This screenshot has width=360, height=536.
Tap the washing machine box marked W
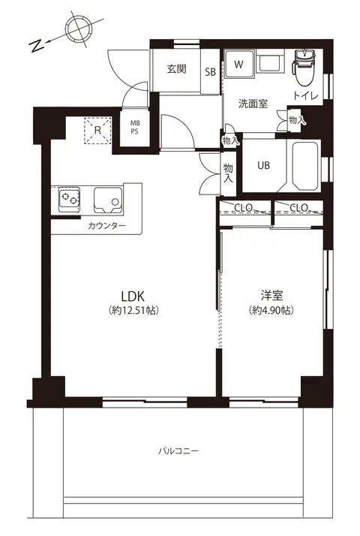click(x=238, y=65)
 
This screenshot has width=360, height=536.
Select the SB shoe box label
click(x=211, y=72)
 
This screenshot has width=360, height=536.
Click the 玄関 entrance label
click(x=176, y=69)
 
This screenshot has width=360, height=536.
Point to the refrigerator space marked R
click(x=97, y=130)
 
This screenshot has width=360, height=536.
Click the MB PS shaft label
click(x=134, y=128)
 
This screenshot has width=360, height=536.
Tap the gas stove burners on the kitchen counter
click(x=69, y=199)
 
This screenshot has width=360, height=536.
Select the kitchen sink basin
click(x=107, y=200)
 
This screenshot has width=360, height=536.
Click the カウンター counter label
click(x=107, y=226)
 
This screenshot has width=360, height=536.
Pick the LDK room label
click(x=133, y=295)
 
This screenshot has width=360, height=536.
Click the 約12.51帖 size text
click(x=133, y=310)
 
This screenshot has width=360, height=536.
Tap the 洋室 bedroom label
click(x=272, y=295)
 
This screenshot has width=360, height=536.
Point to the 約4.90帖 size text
click(x=272, y=310)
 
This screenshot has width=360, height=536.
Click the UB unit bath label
click(x=263, y=166)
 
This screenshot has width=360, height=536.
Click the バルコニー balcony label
click(x=178, y=451)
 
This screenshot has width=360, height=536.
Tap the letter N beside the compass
click(x=36, y=46)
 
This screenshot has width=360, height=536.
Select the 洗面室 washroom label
click(x=253, y=104)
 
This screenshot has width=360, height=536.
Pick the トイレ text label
click(x=305, y=96)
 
